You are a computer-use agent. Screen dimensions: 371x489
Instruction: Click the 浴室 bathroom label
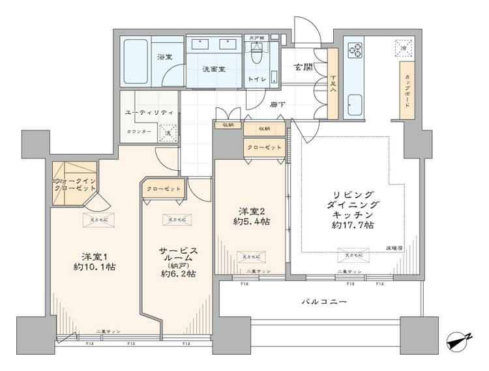pos(164,57)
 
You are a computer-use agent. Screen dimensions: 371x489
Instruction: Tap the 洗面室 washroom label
pos(213,69)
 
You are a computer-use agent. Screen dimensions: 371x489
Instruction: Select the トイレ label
pos(256,80)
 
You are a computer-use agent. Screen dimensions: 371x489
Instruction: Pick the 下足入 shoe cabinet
pos(333,85)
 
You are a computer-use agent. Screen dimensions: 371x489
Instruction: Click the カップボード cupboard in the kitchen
pos(406,91)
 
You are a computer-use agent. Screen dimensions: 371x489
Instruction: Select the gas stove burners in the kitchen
pos(356,50)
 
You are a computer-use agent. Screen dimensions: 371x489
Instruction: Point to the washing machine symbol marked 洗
pos(168,133)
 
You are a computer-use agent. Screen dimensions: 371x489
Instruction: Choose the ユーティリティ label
pos(149,112)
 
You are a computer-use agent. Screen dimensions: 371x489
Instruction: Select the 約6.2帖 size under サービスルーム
pos(178,274)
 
